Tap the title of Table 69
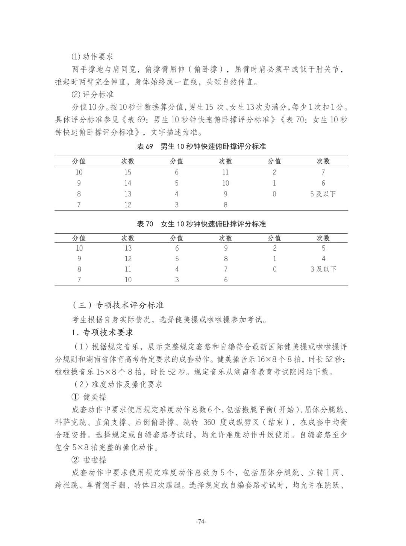click(x=201, y=146)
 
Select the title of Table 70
click(x=201, y=224)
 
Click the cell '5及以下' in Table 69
click(x=323, y=194)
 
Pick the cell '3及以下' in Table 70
click(x=323, y=269)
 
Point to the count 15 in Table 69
click(x=128, y=172)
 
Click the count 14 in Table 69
click(x=128, y=183)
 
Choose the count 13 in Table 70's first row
click(x=128, y=248)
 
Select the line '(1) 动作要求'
click(x=92, y=57)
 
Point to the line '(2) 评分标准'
click(x=92, y=94)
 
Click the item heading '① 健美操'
click(x=89, y=397)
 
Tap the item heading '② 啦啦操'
click(x=89, y=460)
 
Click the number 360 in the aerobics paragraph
click(x=209, y=422)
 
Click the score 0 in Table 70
click(x=274, y=269)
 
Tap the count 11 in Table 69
click(x=225, y=172)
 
